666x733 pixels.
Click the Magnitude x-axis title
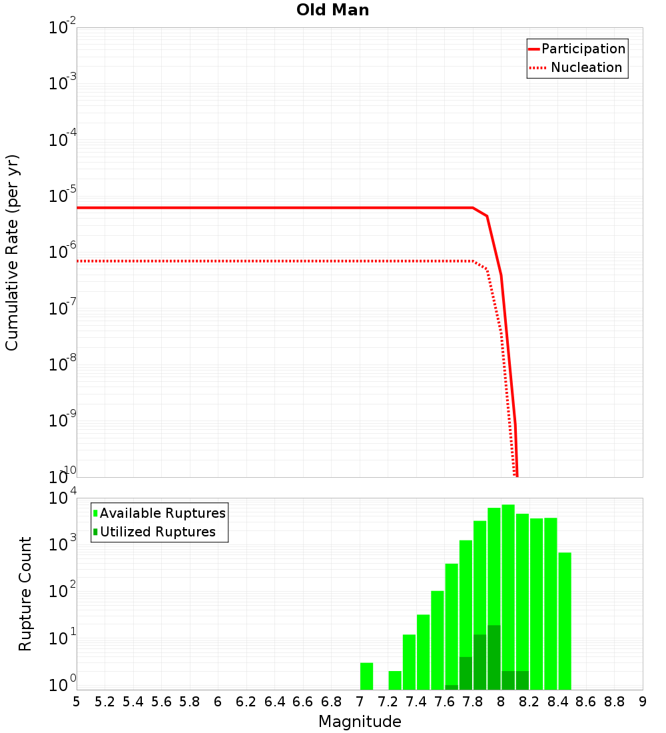click(x=360, y=722)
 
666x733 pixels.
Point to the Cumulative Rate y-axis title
click(x=12, y=252)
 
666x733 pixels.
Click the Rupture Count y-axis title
click(x=25, y=594)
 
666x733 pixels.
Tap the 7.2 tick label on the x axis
click(x=388, y=702)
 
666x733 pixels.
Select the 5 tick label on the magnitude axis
click(x=77, y=702)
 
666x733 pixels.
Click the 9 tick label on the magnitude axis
click(x=643, y=702)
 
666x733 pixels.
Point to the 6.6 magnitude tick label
click(x=302, y=702)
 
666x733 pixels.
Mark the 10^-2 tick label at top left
click(x=62, y=28)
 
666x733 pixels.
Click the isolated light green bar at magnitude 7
click(x=366, y=676)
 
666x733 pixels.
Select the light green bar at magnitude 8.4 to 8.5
click(x=565, y=620)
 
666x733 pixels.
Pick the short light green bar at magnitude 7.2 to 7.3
click(x=395, y=680)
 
